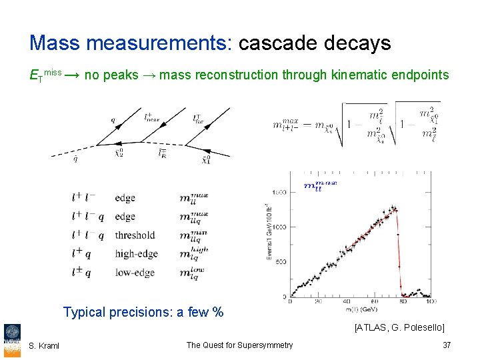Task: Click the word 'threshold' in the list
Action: coord(135,235)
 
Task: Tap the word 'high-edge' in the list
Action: coord(136,254)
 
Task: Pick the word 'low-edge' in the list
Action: coord(135,273)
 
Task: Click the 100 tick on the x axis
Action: coord(430,302)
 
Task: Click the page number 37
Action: coord(447,345)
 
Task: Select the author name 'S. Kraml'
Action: coord(44,345)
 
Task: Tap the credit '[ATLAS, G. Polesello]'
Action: coord(399,327)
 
